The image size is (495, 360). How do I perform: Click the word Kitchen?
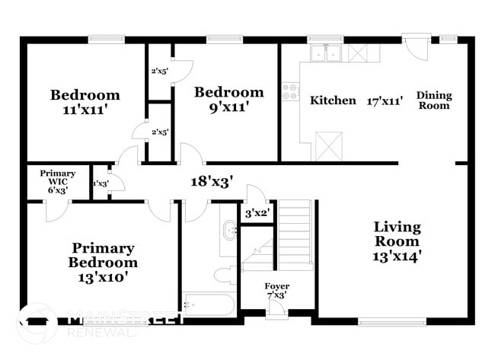coord(333,100)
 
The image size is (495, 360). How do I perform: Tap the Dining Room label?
coord(434,100)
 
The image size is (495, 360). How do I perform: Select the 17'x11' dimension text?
coord(385,100)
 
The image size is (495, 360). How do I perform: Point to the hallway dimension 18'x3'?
coord(211,182)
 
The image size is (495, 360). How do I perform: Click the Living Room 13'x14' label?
coord(397,241)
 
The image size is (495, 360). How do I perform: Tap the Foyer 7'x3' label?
coord(276,291)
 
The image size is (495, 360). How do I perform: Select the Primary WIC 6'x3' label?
coord(58,182)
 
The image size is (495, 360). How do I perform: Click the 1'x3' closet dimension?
coord(100,183)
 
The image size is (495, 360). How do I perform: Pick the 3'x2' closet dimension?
coord(257,213)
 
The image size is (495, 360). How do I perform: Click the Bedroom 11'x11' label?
coord(85,102)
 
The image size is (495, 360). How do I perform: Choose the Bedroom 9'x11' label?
coord(228,100)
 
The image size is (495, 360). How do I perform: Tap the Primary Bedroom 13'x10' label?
coord(104,263)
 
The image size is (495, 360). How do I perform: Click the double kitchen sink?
coord(327,53)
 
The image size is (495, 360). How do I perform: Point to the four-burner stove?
coord(290,92)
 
